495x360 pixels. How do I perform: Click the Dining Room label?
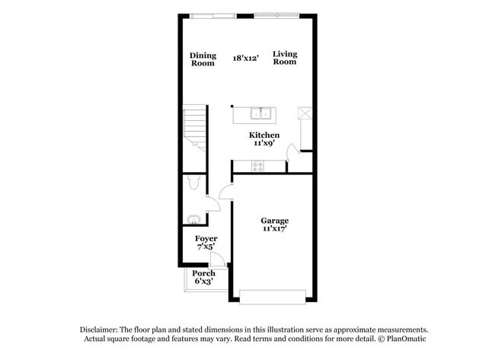click(x=203, y=59)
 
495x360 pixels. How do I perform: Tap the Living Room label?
click(x=285, y=58)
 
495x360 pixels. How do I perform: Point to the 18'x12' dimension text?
click(x=246, y=56)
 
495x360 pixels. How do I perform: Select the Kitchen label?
click(x=259, y=135)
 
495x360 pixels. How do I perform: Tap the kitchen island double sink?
click(x=263, y=114)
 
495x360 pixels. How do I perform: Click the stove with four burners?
click(x=257, y=165)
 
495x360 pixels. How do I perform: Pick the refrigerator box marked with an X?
click(x=305, y=114)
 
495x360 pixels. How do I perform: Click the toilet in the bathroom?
click(x=193, y=182)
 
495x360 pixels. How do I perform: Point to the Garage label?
click(x=274, y=220)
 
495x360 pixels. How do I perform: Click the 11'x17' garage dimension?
click(x=274, y=228)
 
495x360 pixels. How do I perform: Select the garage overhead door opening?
click(x=273, y=295)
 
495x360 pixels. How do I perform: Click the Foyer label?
click(x=206, y=238)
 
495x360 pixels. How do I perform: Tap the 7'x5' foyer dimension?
click(x=206, y=247)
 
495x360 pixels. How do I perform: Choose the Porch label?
click(x=203, y=273)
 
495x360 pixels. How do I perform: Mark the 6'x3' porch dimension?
click(x=203, y=282)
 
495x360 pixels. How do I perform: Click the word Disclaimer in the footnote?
click(x=101, y=329)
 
